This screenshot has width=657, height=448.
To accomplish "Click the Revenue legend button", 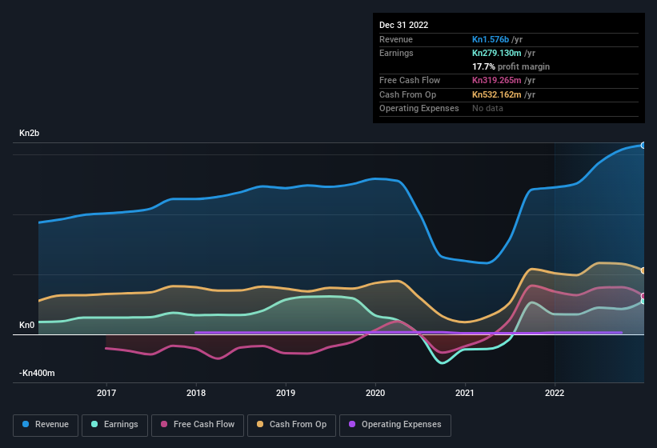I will (46, 424).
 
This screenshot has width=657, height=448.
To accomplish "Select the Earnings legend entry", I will (115, 424).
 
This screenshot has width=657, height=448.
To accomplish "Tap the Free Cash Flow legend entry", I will (198, 424).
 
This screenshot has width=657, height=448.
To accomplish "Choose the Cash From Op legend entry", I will (290, 424).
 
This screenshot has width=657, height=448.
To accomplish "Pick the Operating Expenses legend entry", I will (395, 424).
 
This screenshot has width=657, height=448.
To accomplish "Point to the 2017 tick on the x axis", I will (106, 393).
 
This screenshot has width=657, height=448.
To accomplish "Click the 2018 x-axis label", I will (196, 393).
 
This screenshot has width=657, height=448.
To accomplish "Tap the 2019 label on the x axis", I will (286, 393).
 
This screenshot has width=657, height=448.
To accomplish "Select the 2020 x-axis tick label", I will (375, 393).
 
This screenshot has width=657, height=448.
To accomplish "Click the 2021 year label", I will (465, 393).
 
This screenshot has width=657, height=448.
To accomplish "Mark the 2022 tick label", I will (555, 393).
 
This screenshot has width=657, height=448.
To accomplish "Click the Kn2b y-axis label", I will (29, 133).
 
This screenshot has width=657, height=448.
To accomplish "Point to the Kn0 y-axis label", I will (26, 325).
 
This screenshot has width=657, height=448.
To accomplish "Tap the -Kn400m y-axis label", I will (38, 373).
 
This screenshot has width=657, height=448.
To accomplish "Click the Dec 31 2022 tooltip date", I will (403, 25).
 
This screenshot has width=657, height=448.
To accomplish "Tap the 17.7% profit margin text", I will (511, 66).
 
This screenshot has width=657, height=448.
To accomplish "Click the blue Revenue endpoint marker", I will (643, 146).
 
